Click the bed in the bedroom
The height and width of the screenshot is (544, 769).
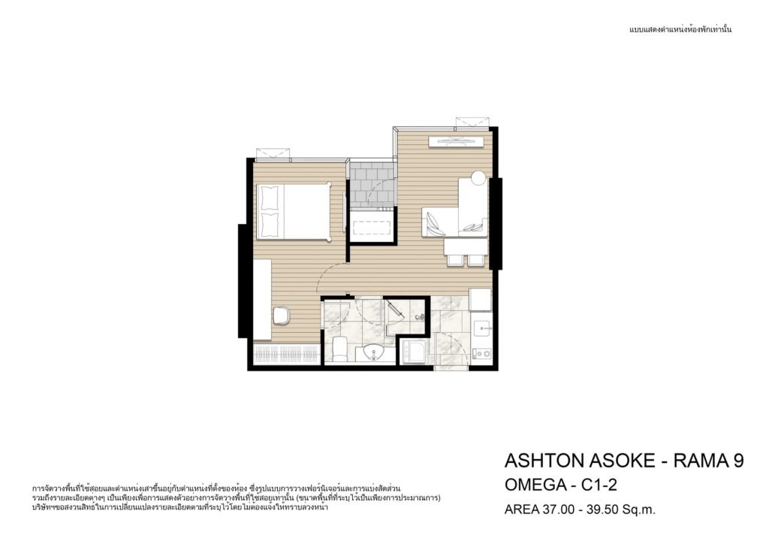pyautogui.click(x=294, y=211)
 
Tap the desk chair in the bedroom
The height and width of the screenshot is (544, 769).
pyautogui.click(x=281, y=316)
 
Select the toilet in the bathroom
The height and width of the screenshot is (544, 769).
pyautogui.click(x=339, y=348)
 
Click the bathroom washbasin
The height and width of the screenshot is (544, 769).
pyautogui.click(x=375, y=353)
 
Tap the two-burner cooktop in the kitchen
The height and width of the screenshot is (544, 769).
pyautogui.click(x=481, y=353)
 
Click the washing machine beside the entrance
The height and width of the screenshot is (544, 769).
pyautogui.click(x=414, y=352)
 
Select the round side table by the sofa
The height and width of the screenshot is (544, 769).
pyautogui.click(x=478, y=177)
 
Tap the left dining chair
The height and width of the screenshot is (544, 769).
pyautogui.click(x=455, y=261)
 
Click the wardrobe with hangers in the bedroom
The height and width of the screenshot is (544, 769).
pyautogui.click(x=288, y=353)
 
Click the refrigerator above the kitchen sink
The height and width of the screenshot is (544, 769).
pyautogui.click(x=480, y=299)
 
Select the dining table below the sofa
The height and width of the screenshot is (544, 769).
pyautogui.click(x=466, y=246)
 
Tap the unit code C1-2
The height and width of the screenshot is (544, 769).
pyautogui.click(x=599, y=485)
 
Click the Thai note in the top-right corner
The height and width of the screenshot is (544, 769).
pyautogui.click(x=680, y=30)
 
